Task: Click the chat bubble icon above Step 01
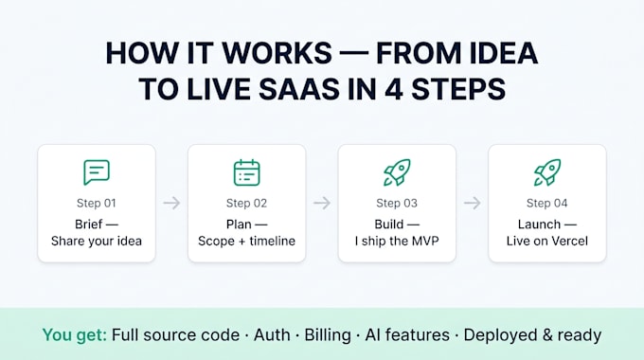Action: [97, 172]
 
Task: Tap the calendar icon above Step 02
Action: [247, 172]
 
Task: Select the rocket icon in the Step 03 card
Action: [397, 172]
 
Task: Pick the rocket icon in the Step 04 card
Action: [547, 172]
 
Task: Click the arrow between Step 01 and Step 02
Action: [171, 203]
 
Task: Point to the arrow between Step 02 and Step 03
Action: [322, 203]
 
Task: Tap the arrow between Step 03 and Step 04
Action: [473, 203]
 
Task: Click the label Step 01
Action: [97, 204]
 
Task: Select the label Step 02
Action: [247, 204]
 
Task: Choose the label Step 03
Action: [397, 204]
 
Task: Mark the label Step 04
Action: [547, 204]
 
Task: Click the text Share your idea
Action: [97, 242]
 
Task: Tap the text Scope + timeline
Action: [247, 242]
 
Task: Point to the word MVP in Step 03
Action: [424, 241]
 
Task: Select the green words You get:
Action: [75, 335]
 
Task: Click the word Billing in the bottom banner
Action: [328, 335]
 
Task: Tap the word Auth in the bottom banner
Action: [272, 335]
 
